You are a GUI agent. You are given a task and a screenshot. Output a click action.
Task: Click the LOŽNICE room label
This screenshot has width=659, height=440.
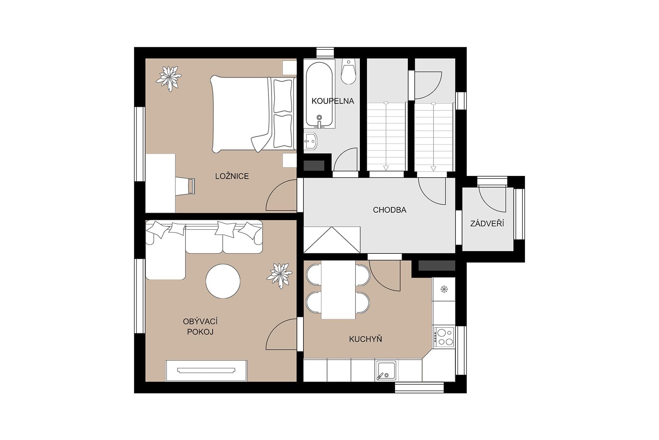pyautogui.click(x=232, y=176)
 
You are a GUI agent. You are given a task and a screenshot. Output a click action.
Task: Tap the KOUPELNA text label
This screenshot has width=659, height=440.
pyautogui.click(x=332, y=101)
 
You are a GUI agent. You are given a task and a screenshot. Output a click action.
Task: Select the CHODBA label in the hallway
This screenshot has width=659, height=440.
pyautogui.click(x=390, y=210)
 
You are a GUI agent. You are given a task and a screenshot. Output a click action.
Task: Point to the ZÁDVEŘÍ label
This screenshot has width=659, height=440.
pyautogui.click(x=487, y=223)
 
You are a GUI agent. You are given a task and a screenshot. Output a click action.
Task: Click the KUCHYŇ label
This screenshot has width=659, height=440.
pyautogui.click(x=365, y=339)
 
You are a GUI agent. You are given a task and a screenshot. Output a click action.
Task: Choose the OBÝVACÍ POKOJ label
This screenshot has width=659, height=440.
pyautogui.click(x=200, y=327)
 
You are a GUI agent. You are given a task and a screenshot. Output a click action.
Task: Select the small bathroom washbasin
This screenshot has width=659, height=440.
pyautogui.click(x=311, y=141)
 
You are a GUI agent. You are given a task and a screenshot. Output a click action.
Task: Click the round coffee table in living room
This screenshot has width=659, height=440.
pyautogui.click(x=223, y=282)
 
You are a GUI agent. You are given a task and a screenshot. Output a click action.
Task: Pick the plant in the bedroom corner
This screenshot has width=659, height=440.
pyautogui.click(x=169, y=78)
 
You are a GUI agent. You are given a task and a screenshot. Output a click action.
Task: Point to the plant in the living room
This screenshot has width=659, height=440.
pyautogui.click(x=280, y=275)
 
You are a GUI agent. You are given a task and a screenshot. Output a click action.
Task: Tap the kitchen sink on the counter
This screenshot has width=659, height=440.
pyautogui.click(x=387, y=370)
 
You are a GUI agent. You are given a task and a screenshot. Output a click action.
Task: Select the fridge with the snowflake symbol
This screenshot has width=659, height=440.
pyautogui.click(x=444, y=289)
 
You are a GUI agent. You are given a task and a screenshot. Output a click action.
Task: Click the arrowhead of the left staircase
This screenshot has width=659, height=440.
pyautogui.click(x=386, y=168)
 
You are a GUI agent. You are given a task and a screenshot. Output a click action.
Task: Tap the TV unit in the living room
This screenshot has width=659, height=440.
pyautogui.click(x=206, y=371)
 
